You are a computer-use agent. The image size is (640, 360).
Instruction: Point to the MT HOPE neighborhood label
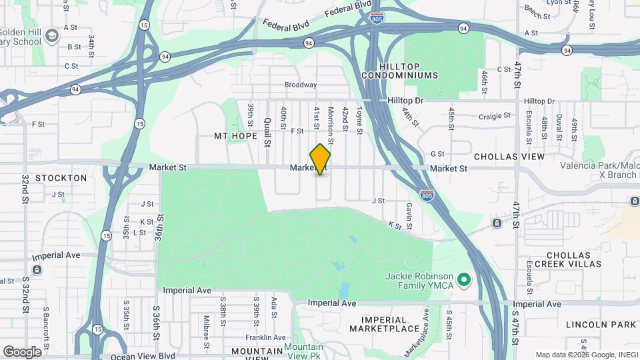[235, 135]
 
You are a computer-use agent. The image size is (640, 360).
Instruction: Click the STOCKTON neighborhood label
[61, 178]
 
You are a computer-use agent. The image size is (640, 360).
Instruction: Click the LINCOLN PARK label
[601, 325]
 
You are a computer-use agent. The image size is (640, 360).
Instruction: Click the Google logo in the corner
[22, 351]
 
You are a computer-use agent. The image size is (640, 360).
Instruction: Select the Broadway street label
[301, 85]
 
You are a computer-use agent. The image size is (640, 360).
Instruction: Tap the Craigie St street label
[495, 115]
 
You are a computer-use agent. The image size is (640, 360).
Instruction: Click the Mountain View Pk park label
[303, 351]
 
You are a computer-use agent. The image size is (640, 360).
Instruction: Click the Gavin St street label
[409, 213]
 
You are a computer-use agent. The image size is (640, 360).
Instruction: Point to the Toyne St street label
[359, 121]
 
